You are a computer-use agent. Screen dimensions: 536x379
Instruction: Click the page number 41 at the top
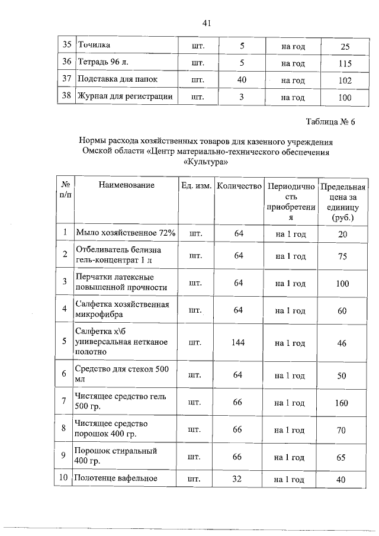pyautogui.click(x=206, y=23)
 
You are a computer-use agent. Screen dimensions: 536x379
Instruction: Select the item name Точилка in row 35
pyautogui.click(x=95, y=45)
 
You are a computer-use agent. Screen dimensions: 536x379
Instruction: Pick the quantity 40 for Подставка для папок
pyautogui.click(x=241, y=80)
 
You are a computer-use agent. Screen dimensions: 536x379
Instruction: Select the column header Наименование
pyautogui.click(x=126, y=185)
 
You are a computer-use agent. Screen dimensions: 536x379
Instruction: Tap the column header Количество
pyautogui.click(x=239, y=186)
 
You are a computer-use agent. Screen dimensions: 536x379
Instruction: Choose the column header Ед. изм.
pyautogui.click(x=196, y=186)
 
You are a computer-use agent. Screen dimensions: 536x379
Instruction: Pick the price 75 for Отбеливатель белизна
pyautogui.click(x=341, y=256)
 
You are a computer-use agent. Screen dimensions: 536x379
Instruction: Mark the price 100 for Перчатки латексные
pyautogui.click(x=342, y=284)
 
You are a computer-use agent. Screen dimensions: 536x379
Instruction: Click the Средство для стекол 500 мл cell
pyautogui.click(x=123, y=375)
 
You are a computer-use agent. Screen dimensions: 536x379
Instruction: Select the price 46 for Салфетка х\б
pyautogui.click(x=341, y=343)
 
